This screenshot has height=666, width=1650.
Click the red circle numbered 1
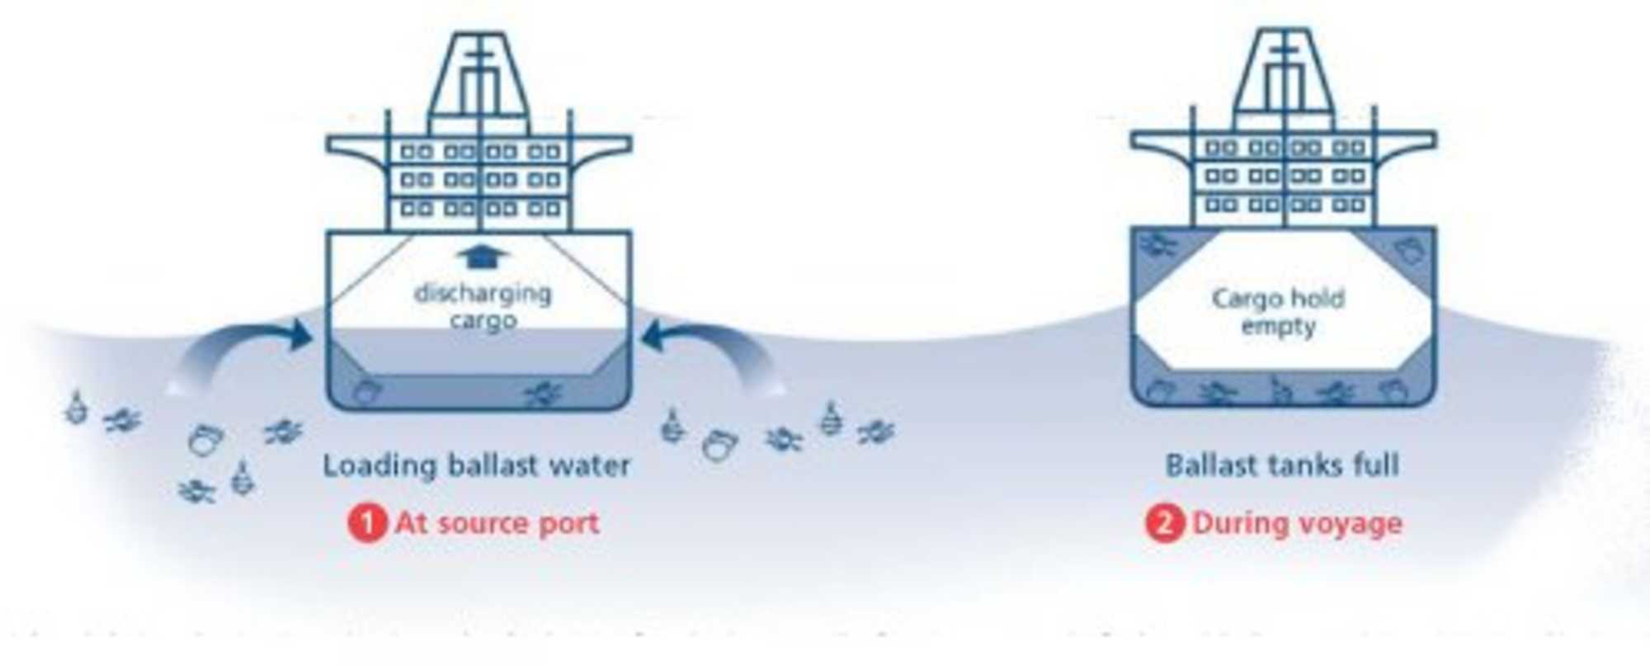coord(366,523)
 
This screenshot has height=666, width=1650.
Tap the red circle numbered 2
coord(1163,523)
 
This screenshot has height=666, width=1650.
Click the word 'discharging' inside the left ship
coord(483,293)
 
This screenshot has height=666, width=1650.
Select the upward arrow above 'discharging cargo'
coord(483,257)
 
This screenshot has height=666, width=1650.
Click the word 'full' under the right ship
coord(1376,465)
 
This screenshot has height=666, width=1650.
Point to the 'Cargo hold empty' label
coord(1279,312)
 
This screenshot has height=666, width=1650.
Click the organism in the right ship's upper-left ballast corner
coord(1158,244)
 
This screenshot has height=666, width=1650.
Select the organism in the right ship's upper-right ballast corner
coord(1409,249)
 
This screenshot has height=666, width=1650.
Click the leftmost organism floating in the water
coord(77,408)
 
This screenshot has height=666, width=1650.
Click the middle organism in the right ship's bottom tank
coord(1278,391)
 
